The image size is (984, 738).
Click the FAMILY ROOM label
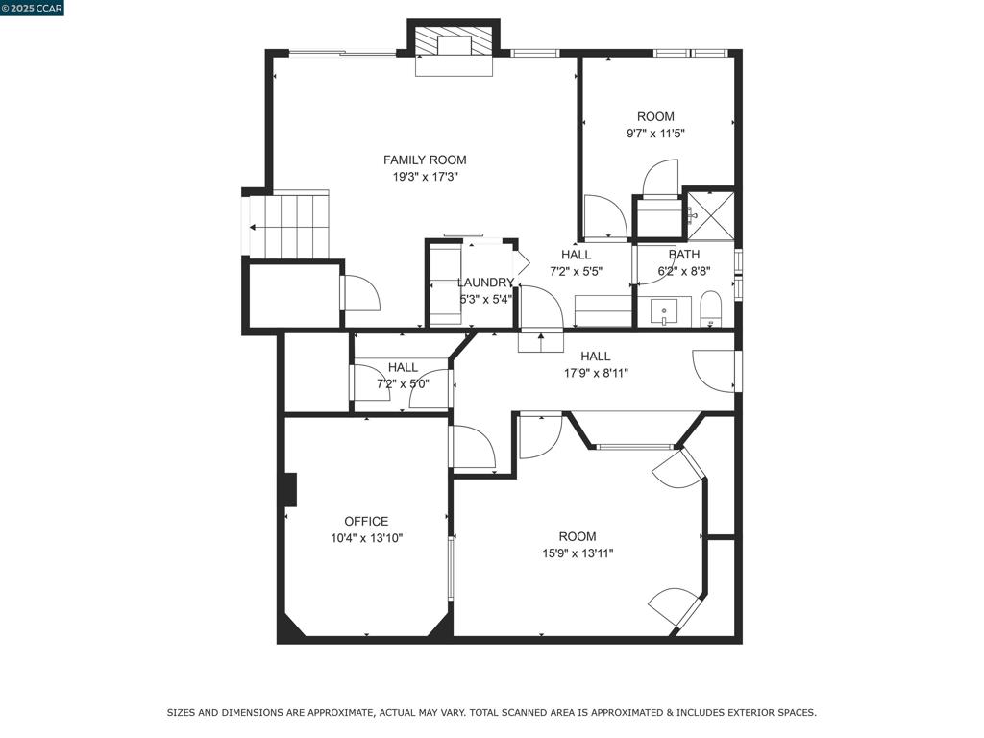coord(425,160)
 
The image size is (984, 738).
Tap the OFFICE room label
coord(366,522)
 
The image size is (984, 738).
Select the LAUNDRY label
coord(485,283)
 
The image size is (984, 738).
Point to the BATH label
coord(684,255)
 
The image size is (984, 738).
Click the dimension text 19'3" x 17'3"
coord(426,177)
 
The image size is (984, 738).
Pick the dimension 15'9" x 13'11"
coord(578,553)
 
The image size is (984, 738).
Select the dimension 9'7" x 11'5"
coord(655,134)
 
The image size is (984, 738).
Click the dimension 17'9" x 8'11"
coord(596,374)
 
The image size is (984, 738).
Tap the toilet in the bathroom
coord(711,308)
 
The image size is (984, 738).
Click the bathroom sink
coord(664,312)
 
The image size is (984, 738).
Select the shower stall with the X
coord(711,214)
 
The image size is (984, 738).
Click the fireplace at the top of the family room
coord(455,46)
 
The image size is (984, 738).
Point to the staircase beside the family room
coord(289,225)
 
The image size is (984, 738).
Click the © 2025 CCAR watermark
coord(32,8)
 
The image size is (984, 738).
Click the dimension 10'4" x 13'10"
coord(366,538)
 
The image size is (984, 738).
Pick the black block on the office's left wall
coord(289,489)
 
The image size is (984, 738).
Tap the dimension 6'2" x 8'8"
coord(684,272)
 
